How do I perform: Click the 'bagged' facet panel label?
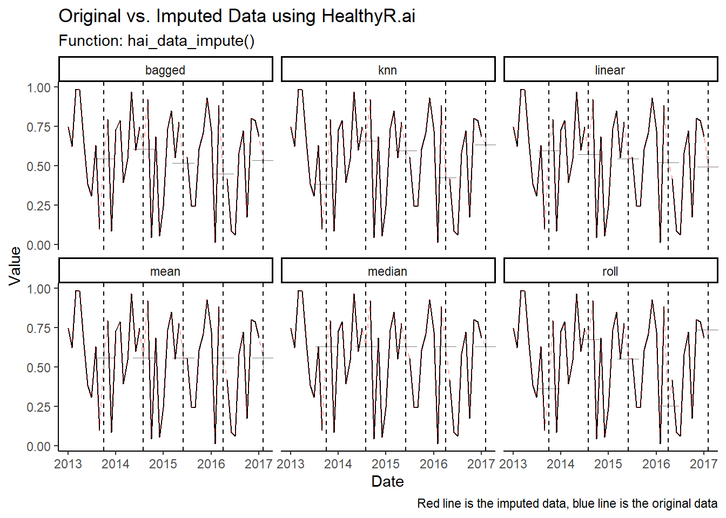[165, 70]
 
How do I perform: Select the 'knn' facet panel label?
[387, 70]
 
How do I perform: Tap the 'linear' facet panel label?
[610, 70]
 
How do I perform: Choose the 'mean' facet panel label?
[165, 271]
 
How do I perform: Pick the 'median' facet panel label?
[387, 271]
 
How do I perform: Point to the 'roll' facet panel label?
[610, 271]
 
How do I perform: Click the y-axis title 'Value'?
[15, 265]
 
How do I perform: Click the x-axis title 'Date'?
[387, 481]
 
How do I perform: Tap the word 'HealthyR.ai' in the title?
[368, 16]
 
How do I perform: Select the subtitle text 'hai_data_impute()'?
[191, 41]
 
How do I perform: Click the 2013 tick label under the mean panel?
[68, 464]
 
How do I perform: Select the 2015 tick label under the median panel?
[386, 464]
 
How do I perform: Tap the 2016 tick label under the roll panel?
[656, 464]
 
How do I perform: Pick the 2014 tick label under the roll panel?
[561, 464]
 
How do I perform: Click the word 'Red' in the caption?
[428, 503]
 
